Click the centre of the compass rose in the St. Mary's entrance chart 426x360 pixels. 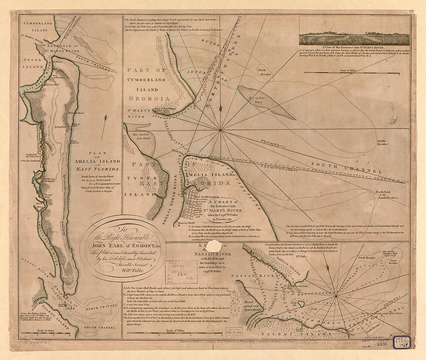click(220, 130)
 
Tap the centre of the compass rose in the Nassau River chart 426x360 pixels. click(337, 297)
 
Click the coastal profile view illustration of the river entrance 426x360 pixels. click(354, 38)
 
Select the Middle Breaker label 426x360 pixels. click(383, 142)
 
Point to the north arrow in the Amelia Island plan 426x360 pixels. click(103, 128)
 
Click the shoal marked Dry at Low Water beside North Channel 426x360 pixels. click(266, 102)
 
